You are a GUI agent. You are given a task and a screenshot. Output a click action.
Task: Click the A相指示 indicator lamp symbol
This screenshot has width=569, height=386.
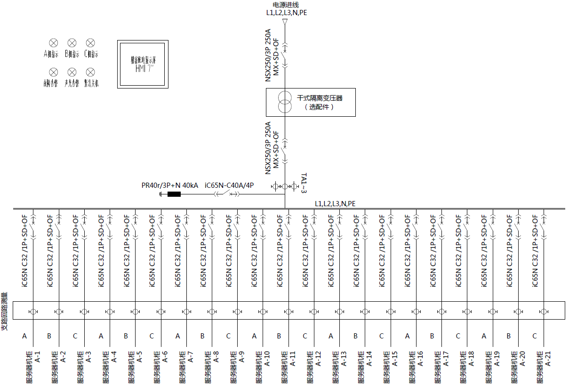(54, 43)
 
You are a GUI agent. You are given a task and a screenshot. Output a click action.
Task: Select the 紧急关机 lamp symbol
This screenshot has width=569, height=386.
(90, 72)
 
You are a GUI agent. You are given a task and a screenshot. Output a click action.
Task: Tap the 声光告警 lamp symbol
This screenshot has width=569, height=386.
(72, 72)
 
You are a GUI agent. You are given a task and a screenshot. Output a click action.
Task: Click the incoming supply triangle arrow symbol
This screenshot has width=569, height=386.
(285, 22)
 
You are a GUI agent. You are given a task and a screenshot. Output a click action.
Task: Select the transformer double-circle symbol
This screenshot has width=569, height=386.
(284, 103)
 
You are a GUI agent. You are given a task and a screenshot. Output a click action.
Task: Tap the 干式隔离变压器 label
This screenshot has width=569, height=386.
(320, 98)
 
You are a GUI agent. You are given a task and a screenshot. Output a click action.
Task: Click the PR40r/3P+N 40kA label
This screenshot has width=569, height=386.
(170, 185)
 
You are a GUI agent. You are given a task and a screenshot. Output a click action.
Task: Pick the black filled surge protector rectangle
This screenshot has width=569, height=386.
(174, 194)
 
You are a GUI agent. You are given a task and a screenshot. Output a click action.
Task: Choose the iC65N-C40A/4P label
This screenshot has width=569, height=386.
(229, 185)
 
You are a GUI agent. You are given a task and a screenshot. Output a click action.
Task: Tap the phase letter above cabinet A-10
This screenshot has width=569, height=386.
(254, 336)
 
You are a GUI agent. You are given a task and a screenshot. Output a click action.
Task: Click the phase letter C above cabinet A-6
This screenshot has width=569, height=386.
(152, 336)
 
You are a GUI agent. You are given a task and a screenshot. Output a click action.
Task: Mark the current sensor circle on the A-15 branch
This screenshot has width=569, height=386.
(391, 312)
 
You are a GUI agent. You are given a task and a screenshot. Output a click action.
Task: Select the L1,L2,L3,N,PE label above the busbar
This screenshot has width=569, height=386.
(335, 203)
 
